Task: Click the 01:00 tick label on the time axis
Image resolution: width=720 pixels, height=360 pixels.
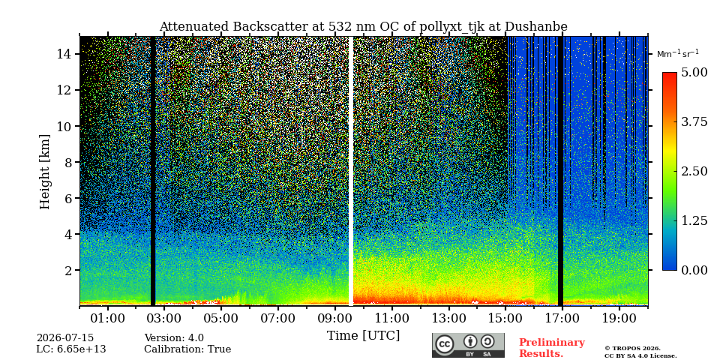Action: pyautogui.click(x=108, y=318)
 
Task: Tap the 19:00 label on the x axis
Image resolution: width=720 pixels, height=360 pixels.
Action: pyautogui.click(x=619, y=318)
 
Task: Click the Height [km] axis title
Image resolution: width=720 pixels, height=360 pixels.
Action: pyautogui.click(x=44, y=172)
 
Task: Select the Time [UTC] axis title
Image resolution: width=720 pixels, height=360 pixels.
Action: pyautogui.click(x=363, y=336)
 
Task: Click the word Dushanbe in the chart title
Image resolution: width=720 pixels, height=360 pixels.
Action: pyautogui.click(x=535, y=27)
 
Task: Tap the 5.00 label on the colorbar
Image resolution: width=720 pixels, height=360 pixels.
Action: pyautogui.click(x=694, y=73)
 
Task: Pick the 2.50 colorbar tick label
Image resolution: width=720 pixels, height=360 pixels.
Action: pyautogui.click(x=694, y=171)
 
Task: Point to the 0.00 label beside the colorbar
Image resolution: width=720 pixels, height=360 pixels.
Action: pyautogui.click(x=694, y=270)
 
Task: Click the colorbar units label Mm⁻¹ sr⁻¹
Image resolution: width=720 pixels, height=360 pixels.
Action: pyautogui.click(x=678, y=54)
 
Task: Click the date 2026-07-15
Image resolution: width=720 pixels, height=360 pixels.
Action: pyautogui.click(x=65, y=338)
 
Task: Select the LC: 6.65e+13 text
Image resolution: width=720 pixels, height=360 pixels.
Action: pyautogui.click(x=71, y=349)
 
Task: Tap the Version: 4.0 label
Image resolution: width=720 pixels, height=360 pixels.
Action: pyautogui.click(x=174, y=338)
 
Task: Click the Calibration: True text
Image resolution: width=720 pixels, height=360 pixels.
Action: pyautogui.click(x=187, y=349)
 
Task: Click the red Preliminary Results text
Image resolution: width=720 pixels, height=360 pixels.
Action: pyautogui.click(x=552, y=348)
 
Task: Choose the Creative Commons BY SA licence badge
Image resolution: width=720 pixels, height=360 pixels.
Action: pyautogui.click(x=468, y=345)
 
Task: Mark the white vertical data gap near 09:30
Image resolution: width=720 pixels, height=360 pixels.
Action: pyautogui.click(x=351, y=171)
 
